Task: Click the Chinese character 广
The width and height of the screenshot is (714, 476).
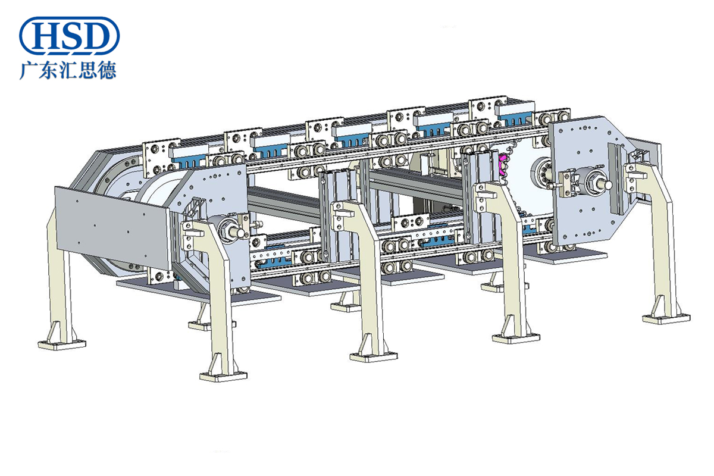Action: (29, 70)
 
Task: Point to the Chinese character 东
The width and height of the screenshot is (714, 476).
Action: (48, 70)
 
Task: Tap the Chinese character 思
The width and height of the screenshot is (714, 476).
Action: (87, 70)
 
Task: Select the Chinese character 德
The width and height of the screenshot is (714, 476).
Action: (107, 70)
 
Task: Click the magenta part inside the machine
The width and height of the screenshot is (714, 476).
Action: (502, 165)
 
